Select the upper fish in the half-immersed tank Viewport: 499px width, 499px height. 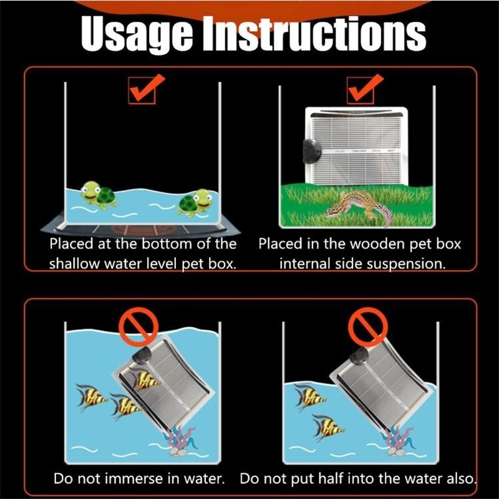[x=309, y=397]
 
